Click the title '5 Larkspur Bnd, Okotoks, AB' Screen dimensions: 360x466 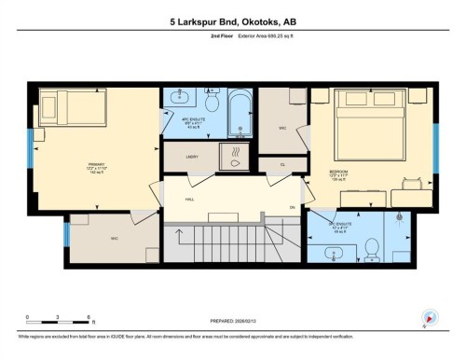coord(232,19)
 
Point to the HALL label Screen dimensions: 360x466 coord(189,200)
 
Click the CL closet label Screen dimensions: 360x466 coord(282,164)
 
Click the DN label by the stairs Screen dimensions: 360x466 coord(292,206)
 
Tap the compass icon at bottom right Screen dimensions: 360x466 coord(430,317)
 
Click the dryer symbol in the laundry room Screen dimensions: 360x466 coord(235,155)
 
